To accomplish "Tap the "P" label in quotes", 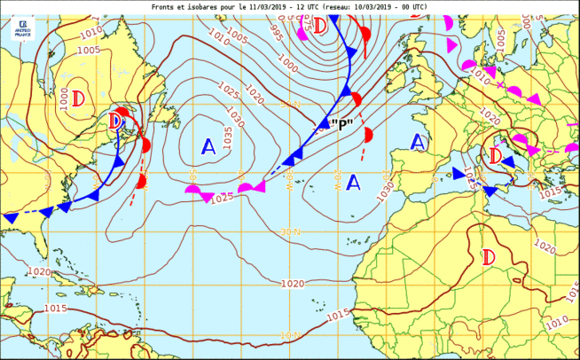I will click(341, 125).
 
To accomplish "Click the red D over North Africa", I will click(488, 257).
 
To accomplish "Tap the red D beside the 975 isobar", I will click(320, 26).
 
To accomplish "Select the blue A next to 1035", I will click(208, 146).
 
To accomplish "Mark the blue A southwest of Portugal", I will click(353, 183).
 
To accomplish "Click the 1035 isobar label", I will click(229, 137).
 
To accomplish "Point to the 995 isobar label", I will click(276, 33).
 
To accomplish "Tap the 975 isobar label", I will click(304, 20).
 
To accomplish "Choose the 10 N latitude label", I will click(290, 335).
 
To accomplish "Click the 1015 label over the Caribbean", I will click(55, 308).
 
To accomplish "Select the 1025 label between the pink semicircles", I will click(223, 197).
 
